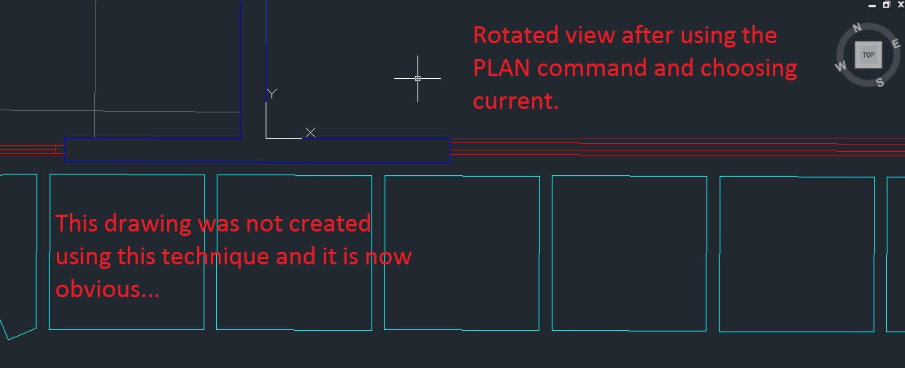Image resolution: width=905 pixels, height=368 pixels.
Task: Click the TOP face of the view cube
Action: (x=869, y=55)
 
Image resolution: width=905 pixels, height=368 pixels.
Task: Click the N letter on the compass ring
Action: (x=858, y=28)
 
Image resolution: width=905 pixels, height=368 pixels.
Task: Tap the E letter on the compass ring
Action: (x=896, y=44)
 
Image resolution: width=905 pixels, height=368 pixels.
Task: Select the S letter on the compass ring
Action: (x=879, y=82)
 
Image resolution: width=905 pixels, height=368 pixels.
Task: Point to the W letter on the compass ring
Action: (x=840, y=66)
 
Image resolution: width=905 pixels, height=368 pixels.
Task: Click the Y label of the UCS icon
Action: (x=271, y=93)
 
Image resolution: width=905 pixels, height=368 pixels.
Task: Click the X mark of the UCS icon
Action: (x=310, y=132)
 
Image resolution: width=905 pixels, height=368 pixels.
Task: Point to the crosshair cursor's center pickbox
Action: (x=417, y=78)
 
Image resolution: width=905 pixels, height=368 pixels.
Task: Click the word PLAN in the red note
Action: (x=503, y=68)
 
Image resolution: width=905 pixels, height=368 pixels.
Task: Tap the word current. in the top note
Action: (x=516, y=101)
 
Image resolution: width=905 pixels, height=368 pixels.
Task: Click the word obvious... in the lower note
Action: (x=108, y=289)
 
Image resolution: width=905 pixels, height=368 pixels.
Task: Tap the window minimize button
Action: (x=872, y=4)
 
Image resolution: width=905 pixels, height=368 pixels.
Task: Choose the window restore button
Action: (x=885, y=4)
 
